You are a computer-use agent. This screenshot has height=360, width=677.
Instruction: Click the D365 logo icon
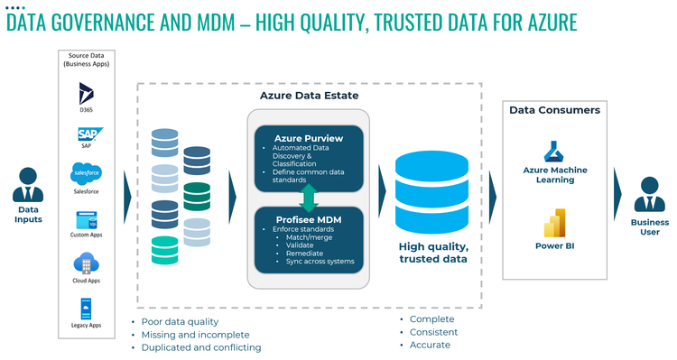click(x=86, y=92)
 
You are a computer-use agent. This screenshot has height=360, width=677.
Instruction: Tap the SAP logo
click(x=86, y=134)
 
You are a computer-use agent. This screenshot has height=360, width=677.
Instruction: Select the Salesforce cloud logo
click(x=86, y=172)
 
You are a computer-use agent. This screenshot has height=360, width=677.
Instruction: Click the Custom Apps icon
click(x=86, y=219)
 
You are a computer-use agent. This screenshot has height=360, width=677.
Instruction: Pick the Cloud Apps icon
click(x=86, y=263)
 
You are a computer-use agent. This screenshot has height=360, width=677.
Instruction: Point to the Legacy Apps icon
click(x=86, y=307)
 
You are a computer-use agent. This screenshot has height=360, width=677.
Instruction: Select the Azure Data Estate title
click(x=309, y=95)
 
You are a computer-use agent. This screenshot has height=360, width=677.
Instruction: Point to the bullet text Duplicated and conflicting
click(x=201, y=347)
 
